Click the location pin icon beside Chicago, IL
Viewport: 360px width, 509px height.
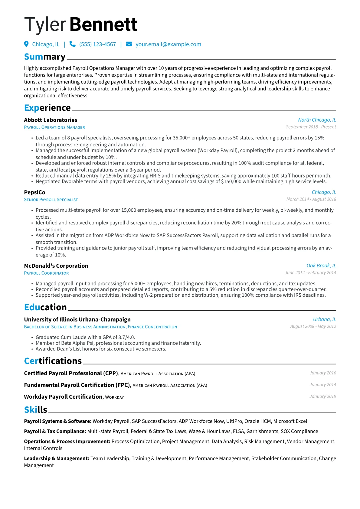click(26, 44)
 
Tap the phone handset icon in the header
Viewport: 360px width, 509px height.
click(73, 44)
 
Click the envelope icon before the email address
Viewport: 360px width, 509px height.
click(129, 44)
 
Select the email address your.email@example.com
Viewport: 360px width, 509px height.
click(168, 44)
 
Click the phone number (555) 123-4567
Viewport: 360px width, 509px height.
click(97, 44)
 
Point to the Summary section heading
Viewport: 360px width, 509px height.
click(45, 57)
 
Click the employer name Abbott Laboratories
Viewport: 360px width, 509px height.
click(51, 120)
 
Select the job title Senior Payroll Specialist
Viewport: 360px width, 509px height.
click(51, 200)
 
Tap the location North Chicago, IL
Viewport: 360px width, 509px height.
click(317, 120)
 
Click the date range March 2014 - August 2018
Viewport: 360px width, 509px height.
click(311, 199)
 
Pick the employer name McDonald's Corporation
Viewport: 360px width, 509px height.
click(56, 266)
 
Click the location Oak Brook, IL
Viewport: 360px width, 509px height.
click(321, 266)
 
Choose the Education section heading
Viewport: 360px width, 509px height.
click(45, 307)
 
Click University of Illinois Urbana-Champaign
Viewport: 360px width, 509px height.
click(77, 320)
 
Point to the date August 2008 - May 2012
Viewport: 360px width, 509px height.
click(313, 327)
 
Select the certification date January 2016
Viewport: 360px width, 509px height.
click(322, 373)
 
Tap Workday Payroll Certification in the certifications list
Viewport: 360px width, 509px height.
click(63, 397)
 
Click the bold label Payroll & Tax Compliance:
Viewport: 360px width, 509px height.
click(55, 432)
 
